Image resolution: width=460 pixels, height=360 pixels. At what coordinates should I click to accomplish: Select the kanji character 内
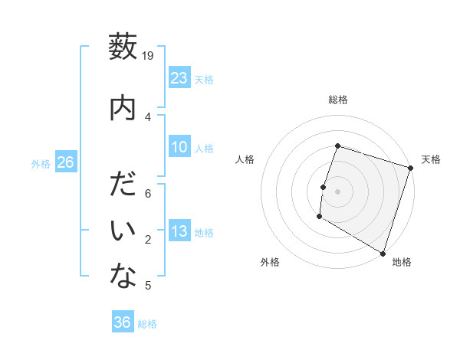click(123, 108)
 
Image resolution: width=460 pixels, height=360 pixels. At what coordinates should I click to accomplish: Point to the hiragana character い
click(123, 231)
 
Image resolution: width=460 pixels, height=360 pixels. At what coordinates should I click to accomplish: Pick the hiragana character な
click(123, 277)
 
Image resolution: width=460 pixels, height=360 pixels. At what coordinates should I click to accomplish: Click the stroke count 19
click(149, 55)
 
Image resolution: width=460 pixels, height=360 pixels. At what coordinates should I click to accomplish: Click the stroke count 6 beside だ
click(149, 194)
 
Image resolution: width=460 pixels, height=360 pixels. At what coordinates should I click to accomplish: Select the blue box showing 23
click(179, 78)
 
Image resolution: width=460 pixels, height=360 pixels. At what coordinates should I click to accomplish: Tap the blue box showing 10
click(179, 147)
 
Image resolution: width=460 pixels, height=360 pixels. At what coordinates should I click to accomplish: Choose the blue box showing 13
click(179, 231)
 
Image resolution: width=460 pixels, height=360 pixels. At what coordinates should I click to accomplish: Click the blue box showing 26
click(65, 162)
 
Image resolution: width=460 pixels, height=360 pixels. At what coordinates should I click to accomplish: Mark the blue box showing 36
click(123, 322)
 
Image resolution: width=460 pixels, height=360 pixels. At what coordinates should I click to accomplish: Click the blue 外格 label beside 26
click(41, 164)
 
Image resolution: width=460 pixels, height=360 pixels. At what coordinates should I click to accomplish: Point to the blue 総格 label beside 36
click(147, 324)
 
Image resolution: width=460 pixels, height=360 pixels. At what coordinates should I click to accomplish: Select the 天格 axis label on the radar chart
click(431, 159)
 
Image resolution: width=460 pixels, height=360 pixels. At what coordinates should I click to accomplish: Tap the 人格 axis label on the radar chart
click(245, 159)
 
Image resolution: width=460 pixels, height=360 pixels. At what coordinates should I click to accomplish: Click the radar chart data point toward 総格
click(337, 146)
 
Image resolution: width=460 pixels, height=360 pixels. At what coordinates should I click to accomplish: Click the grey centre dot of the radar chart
click(337, 191)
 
